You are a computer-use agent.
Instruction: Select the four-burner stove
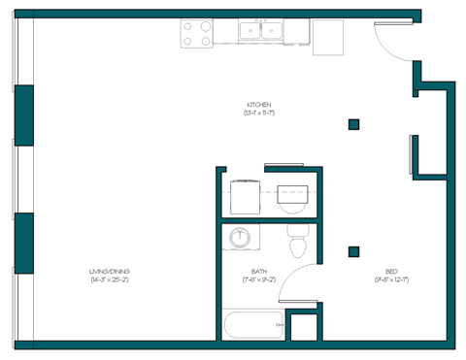(x=198, y=34)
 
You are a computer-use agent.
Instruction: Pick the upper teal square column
(x=354, y=123)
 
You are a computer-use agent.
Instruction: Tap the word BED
(x=391, y=272)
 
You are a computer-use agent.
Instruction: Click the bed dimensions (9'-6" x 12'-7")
(x=391, y=280)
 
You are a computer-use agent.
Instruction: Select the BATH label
(x=258, y=272)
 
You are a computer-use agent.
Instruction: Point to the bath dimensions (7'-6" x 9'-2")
(x=258, y=280)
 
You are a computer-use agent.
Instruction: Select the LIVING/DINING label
(x=110, y=271)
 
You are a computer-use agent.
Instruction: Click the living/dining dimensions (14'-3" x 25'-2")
(x=110, y=280)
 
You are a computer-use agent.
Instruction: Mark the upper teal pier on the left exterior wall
(x=23, y=115)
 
